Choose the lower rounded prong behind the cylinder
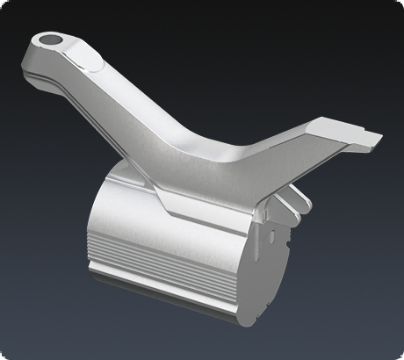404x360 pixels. click(x=286, y=211)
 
